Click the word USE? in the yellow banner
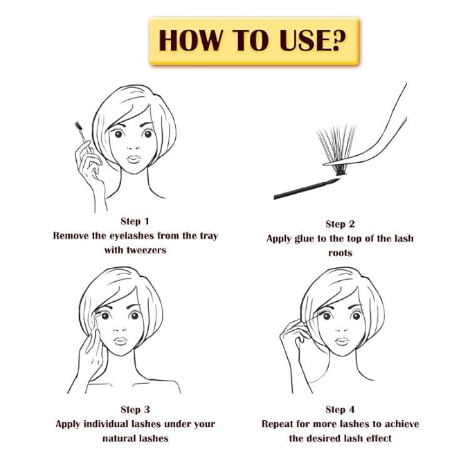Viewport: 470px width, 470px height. point(313,40)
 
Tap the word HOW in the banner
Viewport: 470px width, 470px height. point(190,40)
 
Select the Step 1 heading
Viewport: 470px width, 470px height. point(134,222)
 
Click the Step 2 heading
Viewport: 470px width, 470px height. point(340,224)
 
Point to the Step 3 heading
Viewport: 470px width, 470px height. point(135,410)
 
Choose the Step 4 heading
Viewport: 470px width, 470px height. point(340,410)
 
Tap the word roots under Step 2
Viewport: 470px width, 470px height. point(340,253)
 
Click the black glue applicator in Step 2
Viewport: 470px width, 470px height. point(307,188)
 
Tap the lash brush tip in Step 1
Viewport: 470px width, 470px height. point(79,125)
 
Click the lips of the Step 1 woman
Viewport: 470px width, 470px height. point(134,159)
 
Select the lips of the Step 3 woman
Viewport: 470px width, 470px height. point(120,341)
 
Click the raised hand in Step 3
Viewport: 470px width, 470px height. point(89,354)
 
